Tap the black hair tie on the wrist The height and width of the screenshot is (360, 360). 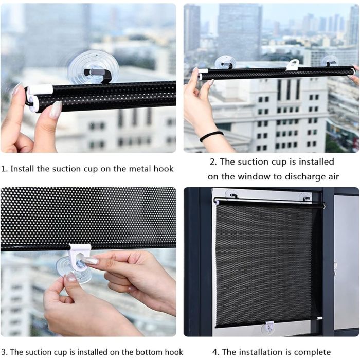click(211, 136)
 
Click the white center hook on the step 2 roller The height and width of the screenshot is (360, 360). click(293, 65)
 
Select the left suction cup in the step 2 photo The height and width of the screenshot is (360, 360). click(225, 62)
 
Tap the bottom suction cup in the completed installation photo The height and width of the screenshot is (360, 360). click(268, 329)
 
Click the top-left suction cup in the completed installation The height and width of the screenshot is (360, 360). click(231, 195)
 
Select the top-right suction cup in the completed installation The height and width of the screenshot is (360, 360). click(305, 197)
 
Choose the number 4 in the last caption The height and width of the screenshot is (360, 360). click(214, 352)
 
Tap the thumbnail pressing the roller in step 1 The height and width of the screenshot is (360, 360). click(56, 109)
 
